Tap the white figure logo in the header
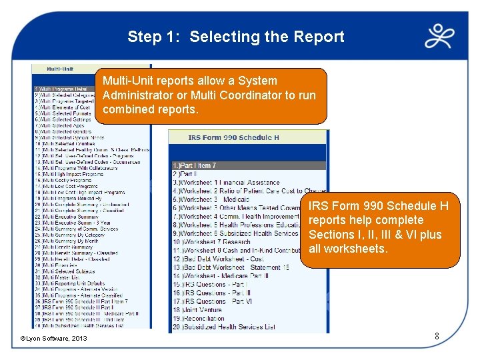(443, 37)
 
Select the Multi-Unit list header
(61, 69)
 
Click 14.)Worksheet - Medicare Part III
(221, 275)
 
